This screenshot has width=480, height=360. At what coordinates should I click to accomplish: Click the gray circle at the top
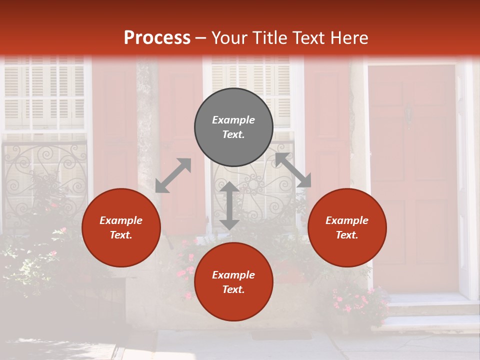[233, 127]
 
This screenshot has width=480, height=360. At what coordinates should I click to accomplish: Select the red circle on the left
[121, 227]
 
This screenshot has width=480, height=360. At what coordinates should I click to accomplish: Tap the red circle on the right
[347, 227]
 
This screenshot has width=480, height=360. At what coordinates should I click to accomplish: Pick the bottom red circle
[233, 282]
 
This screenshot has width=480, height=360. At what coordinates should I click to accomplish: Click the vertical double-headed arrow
[229, 205]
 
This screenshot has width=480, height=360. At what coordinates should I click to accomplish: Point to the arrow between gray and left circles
[173, 175]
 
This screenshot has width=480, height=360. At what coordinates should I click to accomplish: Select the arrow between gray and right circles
[293, 170]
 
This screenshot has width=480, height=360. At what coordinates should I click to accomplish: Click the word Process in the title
[157, 37]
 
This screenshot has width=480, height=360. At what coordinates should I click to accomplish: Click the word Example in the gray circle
[233, 120]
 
